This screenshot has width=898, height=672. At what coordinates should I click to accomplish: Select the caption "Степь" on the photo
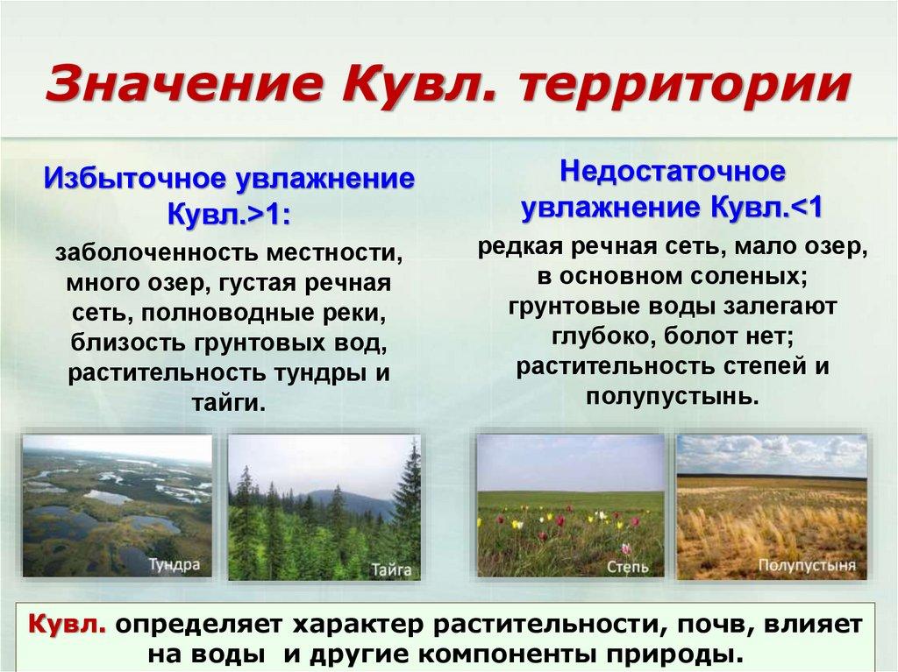[628, 568]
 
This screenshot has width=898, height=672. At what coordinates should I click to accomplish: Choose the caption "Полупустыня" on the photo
[807, 565]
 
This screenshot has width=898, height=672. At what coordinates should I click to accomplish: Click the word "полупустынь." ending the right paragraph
[672, 396]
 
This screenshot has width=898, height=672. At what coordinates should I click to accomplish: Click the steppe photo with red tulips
[570, 506]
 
